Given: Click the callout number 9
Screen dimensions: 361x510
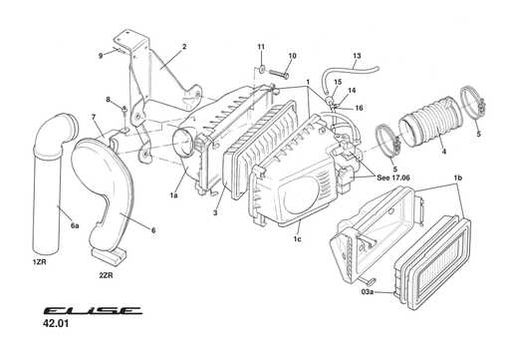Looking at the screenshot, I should [101, 55].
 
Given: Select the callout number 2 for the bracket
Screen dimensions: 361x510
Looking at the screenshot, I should [184, 47].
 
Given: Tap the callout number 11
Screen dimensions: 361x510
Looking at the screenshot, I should [261, 48].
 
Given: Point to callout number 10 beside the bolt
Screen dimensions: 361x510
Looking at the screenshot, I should [292, 56].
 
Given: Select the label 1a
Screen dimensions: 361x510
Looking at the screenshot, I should [173, 196].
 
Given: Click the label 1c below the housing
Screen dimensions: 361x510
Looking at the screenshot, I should [299, 238].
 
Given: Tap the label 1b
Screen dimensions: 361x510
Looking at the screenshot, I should [457, 178].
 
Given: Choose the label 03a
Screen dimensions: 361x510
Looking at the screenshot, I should [368, 292].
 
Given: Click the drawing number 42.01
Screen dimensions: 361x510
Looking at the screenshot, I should [57, 324].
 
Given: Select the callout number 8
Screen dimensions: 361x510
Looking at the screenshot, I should [108, 99].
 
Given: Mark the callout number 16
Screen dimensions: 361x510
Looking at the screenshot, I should [359, 107].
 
